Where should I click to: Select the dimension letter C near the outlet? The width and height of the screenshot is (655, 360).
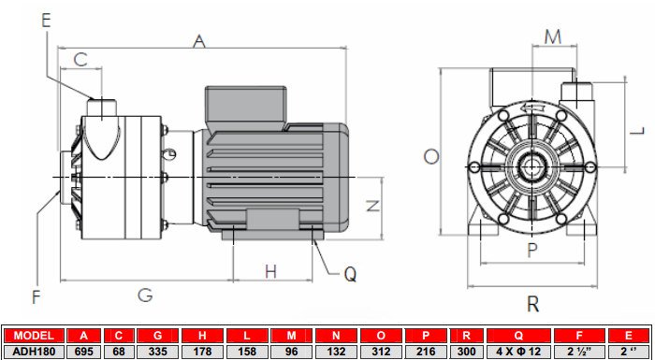click(80, 59)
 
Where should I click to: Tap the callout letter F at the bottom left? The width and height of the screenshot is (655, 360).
click(36, 297)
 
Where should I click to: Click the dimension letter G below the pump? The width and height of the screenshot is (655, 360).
click(145, 295)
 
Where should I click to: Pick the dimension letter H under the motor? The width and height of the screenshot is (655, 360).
click(270, 271)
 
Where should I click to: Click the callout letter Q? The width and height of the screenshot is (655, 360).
click(350, 274)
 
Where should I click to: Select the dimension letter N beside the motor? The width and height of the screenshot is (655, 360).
click(371, 206)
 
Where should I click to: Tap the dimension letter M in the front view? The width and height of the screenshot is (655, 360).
click(552, 36)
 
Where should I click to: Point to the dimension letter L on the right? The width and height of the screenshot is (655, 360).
click(635, 130)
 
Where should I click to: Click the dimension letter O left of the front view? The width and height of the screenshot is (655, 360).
click(430, 156)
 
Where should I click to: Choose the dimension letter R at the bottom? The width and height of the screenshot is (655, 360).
click(532, 303)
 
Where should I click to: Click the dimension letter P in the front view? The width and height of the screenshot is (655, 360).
click(531, 250)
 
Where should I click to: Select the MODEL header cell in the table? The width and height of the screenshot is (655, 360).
click(34, 336)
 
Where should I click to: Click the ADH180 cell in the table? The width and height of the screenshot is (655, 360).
click(34, 351)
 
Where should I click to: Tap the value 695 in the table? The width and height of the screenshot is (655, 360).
click(84, 351)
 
